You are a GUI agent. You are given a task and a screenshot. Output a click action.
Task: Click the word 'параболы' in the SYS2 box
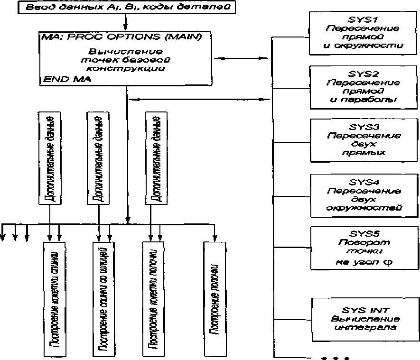363,100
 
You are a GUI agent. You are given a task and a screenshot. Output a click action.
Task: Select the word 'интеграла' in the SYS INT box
363,328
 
